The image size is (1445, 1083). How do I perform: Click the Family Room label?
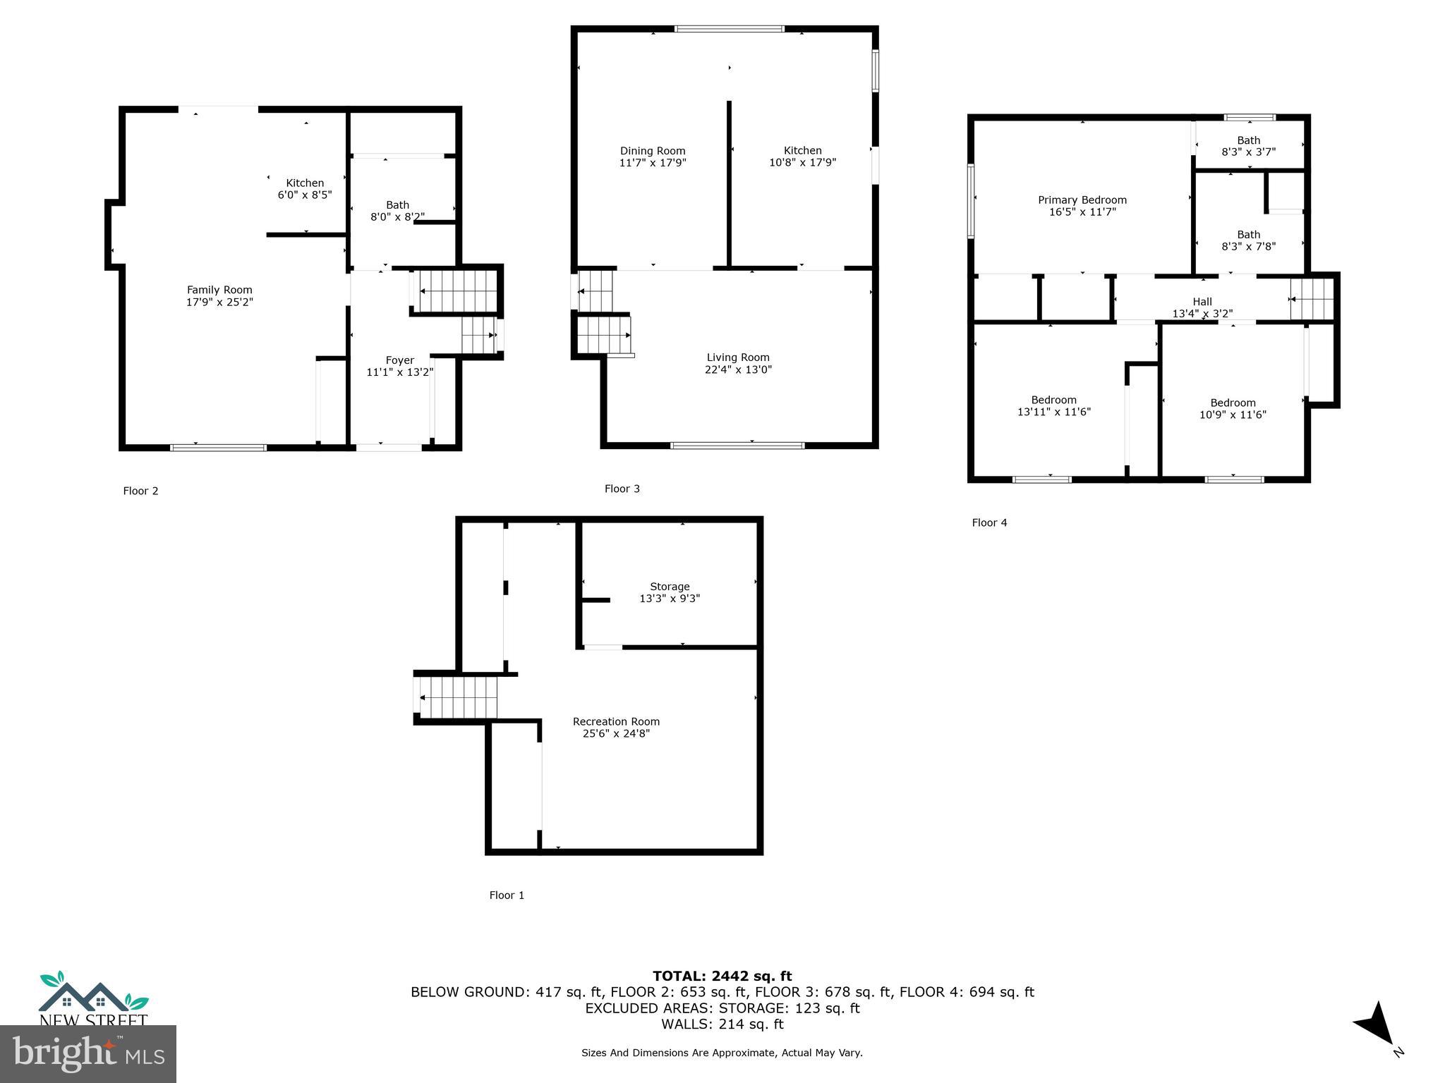click(219, 290)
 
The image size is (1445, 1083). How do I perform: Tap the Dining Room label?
click(653, 151)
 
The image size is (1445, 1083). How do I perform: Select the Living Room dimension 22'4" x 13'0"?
click(738, 369)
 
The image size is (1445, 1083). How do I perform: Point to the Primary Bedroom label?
click(1082, 200)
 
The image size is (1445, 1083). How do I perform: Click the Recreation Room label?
click(616, 721)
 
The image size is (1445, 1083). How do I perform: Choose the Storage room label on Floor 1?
click(670, 587)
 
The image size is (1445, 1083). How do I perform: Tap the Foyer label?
click(399, 360)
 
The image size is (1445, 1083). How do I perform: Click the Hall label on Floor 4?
click(1202, 302)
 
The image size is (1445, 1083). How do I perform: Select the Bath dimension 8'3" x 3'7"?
click(1248, 152)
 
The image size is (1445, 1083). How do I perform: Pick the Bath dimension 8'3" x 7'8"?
click(1248, 247)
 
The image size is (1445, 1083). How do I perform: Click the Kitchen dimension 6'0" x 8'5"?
click(305, 195)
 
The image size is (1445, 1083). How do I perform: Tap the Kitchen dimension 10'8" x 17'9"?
click(802, 162)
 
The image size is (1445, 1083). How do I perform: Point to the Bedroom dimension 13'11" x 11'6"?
click(1053, 412)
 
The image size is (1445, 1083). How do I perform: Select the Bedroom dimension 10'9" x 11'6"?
click(1233, 415)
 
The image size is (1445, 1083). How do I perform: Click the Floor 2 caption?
click(140, 491)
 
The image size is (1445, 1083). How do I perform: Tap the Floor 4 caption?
click(989, 522)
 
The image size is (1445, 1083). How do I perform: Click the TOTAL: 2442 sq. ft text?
click(722, 976)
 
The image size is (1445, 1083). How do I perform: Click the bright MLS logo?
click(88, 1054)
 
